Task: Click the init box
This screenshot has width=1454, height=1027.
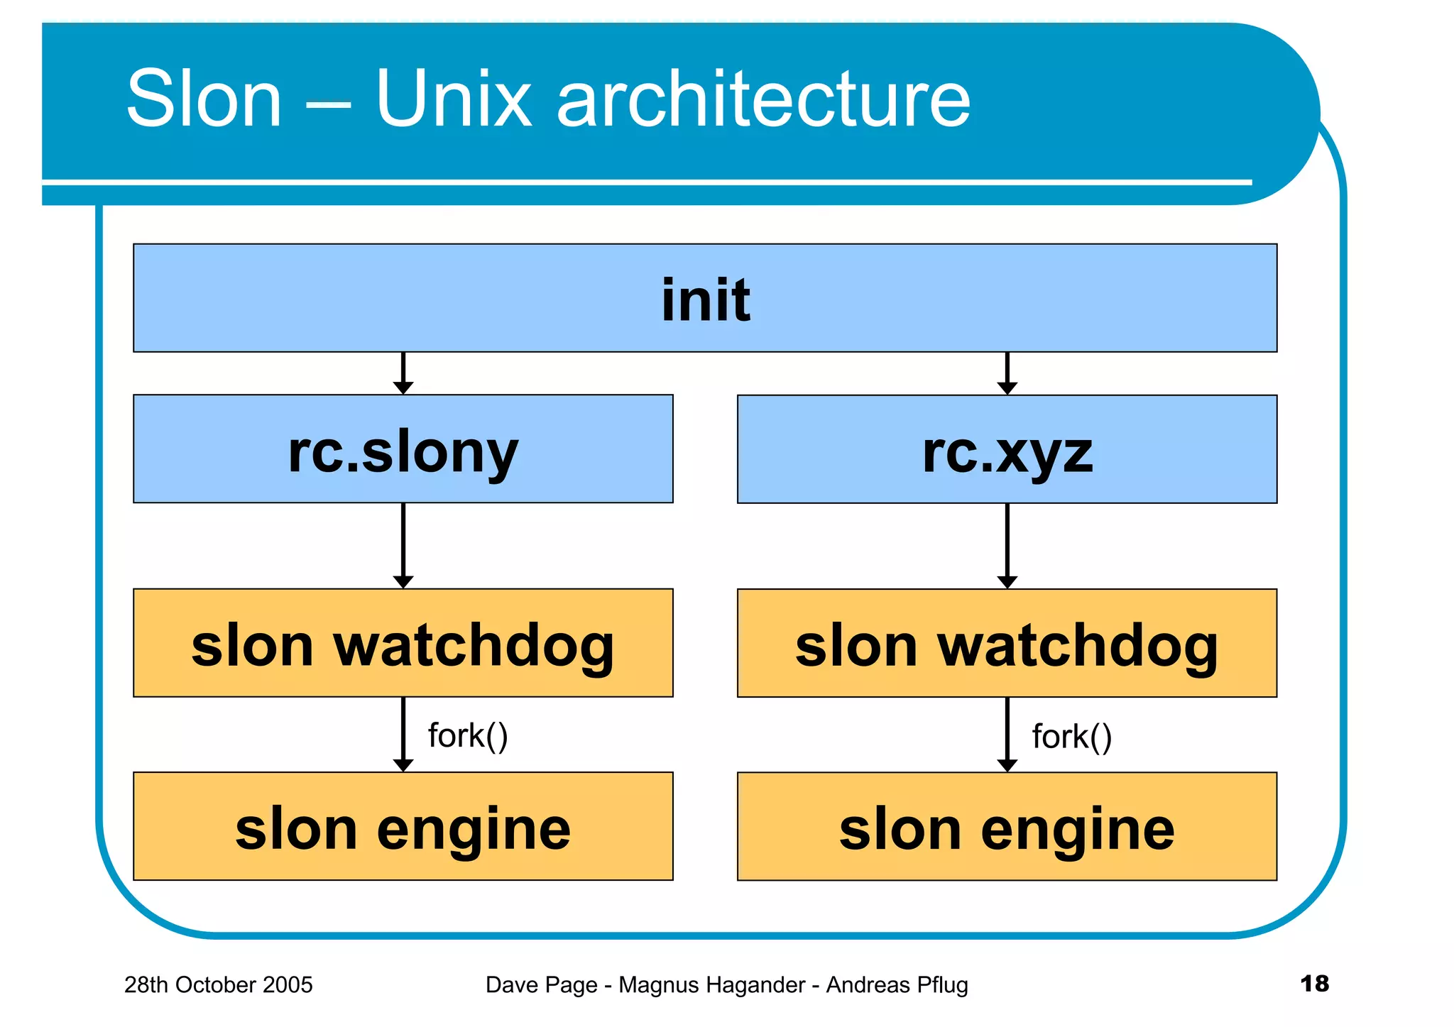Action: point(705,298)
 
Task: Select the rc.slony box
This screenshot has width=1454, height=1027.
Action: point(403,449)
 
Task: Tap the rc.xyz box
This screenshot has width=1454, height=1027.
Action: point(1007,449)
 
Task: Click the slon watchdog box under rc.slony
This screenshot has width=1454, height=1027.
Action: point(403,643)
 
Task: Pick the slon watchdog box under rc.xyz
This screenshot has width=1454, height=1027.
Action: point(1007,643)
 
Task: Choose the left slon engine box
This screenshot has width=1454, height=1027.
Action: point(403,827)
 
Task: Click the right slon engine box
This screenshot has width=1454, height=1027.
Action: point(1007,827)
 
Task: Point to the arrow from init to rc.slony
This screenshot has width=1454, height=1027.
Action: point(403,373)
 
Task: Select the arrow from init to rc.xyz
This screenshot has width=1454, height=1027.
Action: point(1007,373)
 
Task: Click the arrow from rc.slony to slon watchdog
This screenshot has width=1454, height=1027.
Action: point(403,545)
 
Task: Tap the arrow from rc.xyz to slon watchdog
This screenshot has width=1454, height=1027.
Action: point(1007,545)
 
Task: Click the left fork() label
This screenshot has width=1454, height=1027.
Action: point(468,736)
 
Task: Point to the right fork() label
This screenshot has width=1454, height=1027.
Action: point(1071,737)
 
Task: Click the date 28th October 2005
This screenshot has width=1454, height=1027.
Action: point(218,985)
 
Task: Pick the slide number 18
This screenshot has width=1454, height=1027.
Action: point(1314,984)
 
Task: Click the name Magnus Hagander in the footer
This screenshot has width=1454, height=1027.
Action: point(711,985)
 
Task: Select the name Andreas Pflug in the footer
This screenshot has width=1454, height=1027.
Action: point(897,985)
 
